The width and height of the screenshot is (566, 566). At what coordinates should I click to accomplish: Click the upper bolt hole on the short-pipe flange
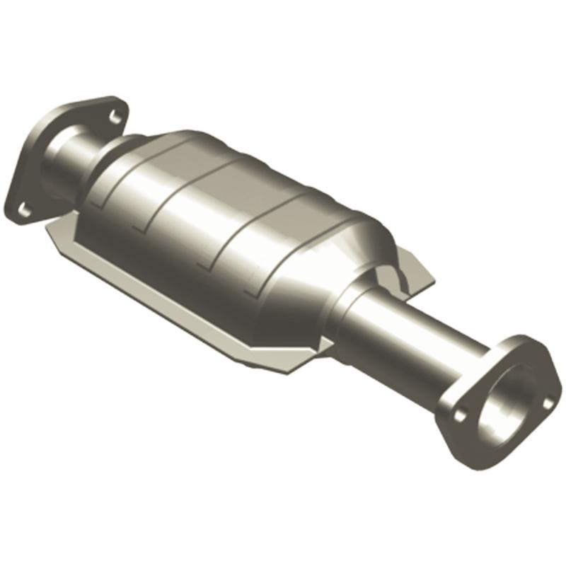pyautogui.click(x=116, y=113)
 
